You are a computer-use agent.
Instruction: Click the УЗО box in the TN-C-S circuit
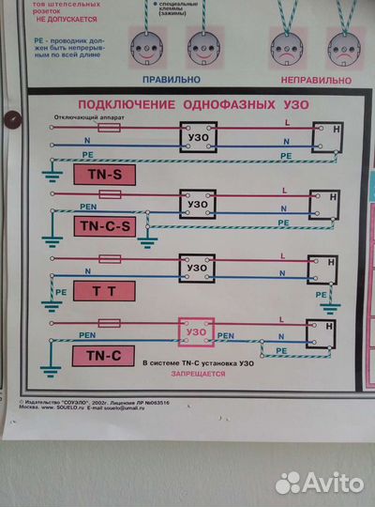[198, 204]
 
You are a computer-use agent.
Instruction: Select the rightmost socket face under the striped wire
[343, 44]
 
